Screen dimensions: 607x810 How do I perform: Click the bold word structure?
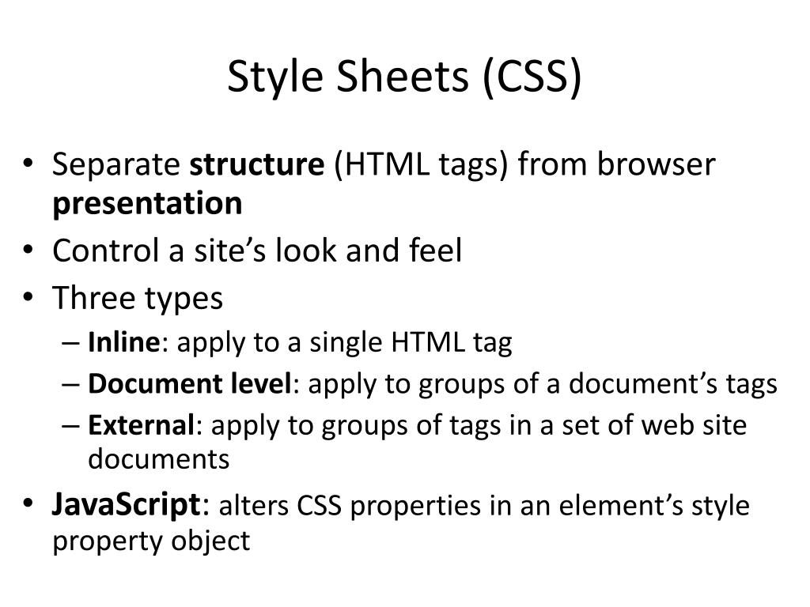click(258, 165)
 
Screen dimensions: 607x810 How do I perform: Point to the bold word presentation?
click(147, 204)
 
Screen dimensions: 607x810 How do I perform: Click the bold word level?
click(261, 384)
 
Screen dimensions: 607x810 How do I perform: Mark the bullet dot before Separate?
click(29, 167)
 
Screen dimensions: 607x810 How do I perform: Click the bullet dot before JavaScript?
click(29, 505)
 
